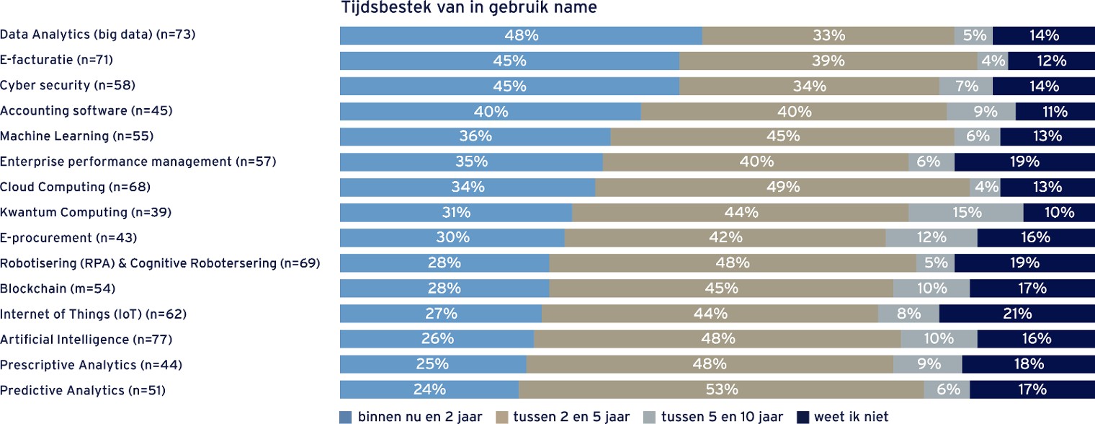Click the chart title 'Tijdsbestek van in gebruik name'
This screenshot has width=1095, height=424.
pos(468,9)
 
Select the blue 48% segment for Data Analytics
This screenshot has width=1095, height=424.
pos(521,35)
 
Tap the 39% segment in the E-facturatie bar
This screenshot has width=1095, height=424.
pos(828,61)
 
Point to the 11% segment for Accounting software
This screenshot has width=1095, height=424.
pos(1055,112)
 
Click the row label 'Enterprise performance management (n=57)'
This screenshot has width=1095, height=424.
pos(138,162)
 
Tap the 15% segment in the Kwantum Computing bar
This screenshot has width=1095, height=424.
pos(965,213)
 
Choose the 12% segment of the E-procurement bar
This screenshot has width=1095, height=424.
pos(931,238)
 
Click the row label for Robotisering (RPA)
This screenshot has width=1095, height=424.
pos(160,263)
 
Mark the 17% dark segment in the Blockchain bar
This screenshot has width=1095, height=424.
pos(1032,288)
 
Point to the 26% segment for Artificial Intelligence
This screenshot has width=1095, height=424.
pos(437,339)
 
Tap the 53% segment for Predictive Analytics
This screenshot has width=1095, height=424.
pos(721,390)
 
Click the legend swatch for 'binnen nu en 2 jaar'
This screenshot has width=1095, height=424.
pos(346,417)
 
